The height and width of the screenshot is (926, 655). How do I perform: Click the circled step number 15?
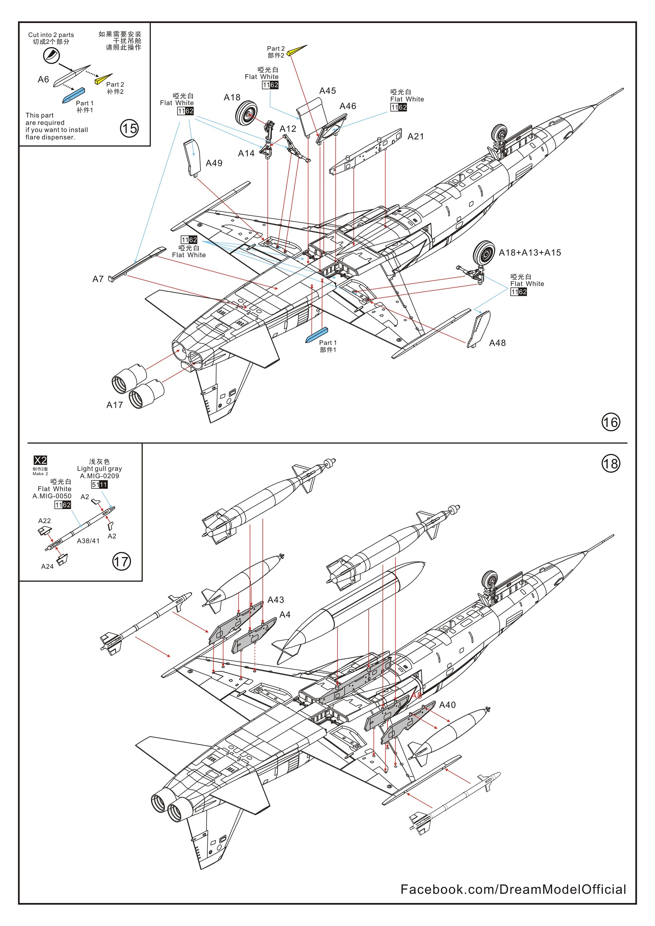click(129, 129)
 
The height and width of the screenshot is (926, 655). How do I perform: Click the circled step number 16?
click(610, 422)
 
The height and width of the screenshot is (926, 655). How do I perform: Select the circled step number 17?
click(122, 562)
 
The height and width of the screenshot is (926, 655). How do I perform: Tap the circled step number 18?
click(610, 464)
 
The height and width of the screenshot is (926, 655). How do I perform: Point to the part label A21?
click(416, 137)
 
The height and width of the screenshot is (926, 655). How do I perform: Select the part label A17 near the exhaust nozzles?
click(115, 405)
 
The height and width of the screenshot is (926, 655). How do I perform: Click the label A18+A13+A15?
click(529, 253)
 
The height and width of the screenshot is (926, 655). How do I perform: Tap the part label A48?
click(497, 343)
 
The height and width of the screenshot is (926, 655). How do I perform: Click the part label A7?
click(98, 279)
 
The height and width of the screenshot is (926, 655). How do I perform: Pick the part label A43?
click(275, 600)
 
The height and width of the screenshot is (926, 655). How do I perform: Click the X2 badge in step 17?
click(40, 460)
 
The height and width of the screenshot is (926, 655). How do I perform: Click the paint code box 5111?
click(99, 484)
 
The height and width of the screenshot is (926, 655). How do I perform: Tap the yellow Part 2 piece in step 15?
click(103, 79)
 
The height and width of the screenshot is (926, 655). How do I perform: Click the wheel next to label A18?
click(246, 112)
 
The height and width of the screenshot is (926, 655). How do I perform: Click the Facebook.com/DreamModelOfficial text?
click(513, 889)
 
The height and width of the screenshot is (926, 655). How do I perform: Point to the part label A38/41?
click(88, 541)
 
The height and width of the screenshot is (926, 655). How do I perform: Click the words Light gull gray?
click(99, 469)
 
